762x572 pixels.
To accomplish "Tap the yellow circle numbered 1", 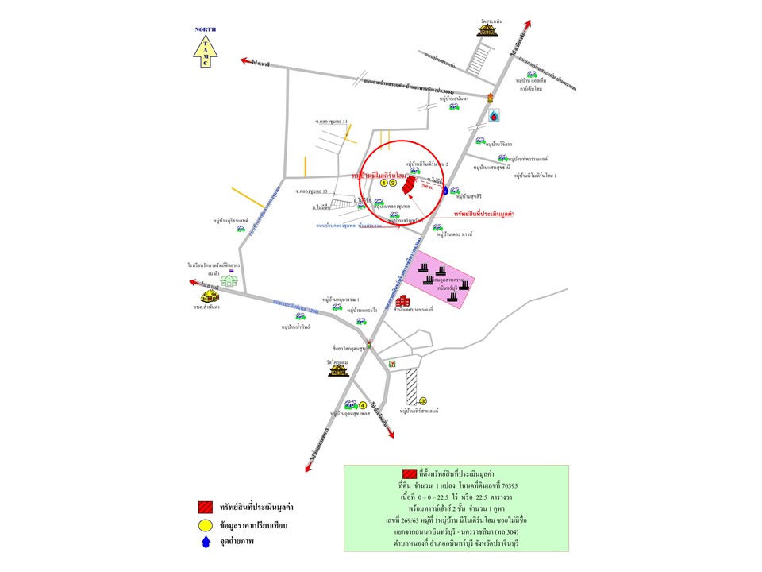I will [384, 184].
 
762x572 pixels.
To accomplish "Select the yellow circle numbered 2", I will [392, 184].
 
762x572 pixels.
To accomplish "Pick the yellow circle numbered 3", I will [423, 401].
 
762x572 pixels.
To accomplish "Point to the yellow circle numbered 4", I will [363, 405].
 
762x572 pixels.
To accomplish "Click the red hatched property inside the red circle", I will [406, 185].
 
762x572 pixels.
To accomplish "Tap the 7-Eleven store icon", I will [391, 363].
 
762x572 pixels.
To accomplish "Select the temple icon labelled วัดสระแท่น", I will [486, 29].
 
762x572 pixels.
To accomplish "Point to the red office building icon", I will [404, 301].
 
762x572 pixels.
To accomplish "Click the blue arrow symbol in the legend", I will [205, 543].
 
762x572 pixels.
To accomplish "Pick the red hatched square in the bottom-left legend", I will [205, 507].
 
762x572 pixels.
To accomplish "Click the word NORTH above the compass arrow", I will [206, 30].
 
